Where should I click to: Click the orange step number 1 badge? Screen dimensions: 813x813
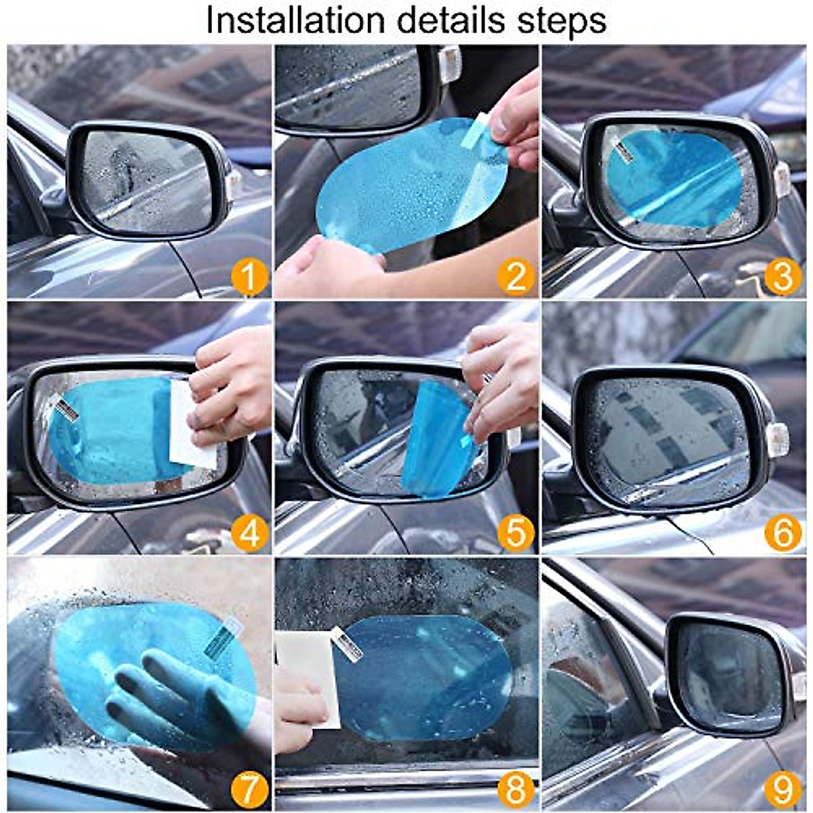coord(249,278)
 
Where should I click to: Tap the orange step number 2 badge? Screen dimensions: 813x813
coord(516,278)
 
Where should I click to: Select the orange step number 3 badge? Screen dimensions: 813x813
coord(783,278)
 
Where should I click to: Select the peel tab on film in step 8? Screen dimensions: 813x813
coord(347,643)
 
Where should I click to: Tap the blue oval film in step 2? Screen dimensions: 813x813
coord(406,190)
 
